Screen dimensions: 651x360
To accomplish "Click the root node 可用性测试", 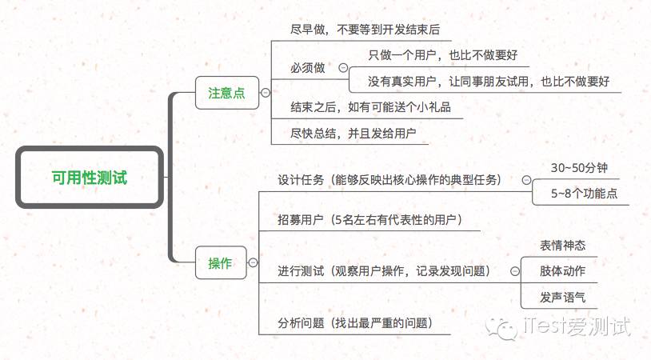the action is point(90,178).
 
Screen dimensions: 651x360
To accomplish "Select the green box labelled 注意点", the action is point(226,94).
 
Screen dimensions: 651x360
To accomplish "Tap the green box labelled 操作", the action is point(220,263).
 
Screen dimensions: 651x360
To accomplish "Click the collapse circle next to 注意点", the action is point(265,94).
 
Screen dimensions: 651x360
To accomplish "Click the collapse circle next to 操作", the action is point(253,263).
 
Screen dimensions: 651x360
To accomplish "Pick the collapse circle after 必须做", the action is point(344,69).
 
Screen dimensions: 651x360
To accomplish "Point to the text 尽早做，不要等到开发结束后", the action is point(365,30).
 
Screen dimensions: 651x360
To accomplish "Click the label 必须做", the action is point(308,69).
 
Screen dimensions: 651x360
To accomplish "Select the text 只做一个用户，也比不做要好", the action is point(443,56).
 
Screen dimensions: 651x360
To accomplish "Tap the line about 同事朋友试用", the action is point(489,82).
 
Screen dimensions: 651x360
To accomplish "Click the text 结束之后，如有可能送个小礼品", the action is point(370,107).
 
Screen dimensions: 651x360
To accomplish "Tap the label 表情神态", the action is point(562,245).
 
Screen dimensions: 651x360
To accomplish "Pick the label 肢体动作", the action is point(562,271).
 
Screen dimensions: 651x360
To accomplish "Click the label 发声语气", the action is point(562,297).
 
